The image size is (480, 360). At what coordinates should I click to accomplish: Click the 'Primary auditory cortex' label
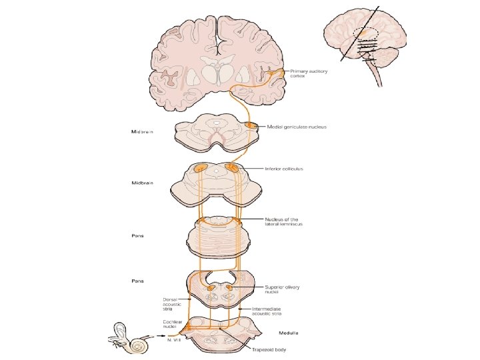pyautogui.click(x=303, y=73)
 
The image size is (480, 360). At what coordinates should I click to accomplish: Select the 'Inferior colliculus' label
pyautogui.click(x=284, y=169)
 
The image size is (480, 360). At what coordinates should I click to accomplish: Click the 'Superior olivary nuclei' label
pyautogui.click(x=283, y=289)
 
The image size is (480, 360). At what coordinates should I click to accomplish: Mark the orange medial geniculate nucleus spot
pyautogui.click(x=253, y=125)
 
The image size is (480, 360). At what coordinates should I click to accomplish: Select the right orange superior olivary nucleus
pyautogui.click(x=230, y=289)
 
